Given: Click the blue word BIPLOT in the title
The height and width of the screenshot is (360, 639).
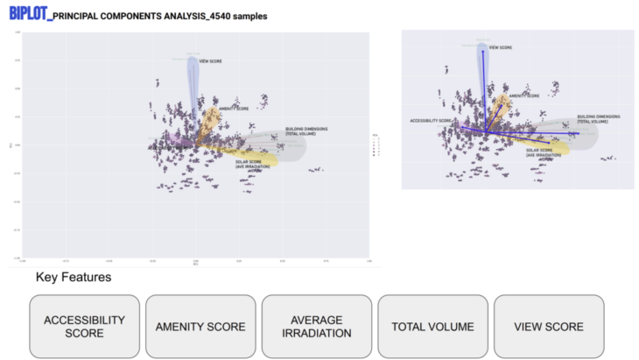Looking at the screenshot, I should [x=26, y=15].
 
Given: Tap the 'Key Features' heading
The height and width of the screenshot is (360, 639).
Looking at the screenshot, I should [x=74, y=278].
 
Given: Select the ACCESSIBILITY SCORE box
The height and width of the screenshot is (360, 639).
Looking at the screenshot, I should [x=85, y=327].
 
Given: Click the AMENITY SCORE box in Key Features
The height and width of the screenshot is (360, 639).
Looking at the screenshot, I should [x=200, y=327].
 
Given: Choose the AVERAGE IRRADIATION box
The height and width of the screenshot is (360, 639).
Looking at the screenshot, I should [x=317, y=327].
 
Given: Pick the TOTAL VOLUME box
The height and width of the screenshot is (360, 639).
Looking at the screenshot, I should [x=433, y=327].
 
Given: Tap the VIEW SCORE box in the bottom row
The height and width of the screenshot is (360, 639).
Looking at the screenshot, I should [x=549, y=327].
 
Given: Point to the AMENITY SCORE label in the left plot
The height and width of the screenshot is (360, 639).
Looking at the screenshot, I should [x=234, y=109].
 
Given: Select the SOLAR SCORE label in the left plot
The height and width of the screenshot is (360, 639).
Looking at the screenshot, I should [x=252, y=163].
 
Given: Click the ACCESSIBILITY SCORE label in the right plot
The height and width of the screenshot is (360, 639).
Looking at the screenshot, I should [x=431, y=120].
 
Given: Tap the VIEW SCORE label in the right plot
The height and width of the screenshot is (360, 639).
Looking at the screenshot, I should [x=500, y=48].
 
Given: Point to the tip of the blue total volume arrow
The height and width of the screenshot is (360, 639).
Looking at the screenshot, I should [x=579, y=133].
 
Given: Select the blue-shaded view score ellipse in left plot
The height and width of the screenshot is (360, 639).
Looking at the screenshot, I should [x=193, y=83].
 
